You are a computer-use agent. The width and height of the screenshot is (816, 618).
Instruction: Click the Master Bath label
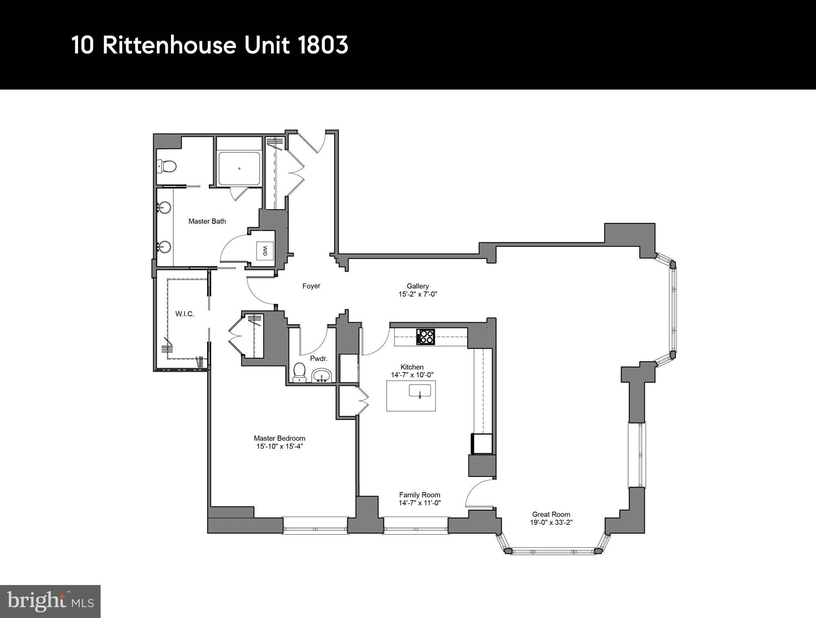[x=207, y=221]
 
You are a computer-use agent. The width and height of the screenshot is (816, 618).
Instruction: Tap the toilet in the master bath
[x=167, y=165]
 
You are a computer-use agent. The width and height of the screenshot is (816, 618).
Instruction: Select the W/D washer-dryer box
[x=265, y=251]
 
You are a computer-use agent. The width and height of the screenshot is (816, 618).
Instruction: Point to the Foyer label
[x=311, y=286]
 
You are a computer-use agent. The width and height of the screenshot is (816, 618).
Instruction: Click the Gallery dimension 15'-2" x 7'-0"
[x=418, y=294]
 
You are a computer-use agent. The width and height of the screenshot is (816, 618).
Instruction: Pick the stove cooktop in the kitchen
[x=425, y=337]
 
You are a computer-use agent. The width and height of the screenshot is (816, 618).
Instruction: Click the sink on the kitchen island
[x=420, y=391]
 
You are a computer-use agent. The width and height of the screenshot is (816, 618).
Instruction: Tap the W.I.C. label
[x=185, y=314]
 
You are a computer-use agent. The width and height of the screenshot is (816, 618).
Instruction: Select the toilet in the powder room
[x=299, y=372]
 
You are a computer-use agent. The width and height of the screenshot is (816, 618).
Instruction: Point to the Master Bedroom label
[x=279, y=438]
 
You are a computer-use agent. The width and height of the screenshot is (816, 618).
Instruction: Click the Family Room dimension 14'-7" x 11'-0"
[x=420, y=503]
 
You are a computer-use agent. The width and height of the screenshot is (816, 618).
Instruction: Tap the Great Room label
[x=551, y=514]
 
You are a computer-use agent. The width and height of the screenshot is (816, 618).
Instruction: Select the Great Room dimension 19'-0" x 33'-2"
[x=551, y=523]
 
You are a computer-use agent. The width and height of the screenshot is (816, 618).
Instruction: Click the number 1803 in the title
[x=323, y=45]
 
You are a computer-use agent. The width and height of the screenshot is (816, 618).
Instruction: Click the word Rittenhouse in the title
[x=169, y=45]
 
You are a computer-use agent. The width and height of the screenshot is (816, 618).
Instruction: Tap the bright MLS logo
[x=50, y=602]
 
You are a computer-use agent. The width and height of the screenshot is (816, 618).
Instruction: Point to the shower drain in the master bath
[x=239, y=169]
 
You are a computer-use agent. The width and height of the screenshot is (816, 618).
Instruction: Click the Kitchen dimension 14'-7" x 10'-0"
[x=412, y=375]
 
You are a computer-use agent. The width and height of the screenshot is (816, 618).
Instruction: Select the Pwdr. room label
[x=318, y=358]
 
